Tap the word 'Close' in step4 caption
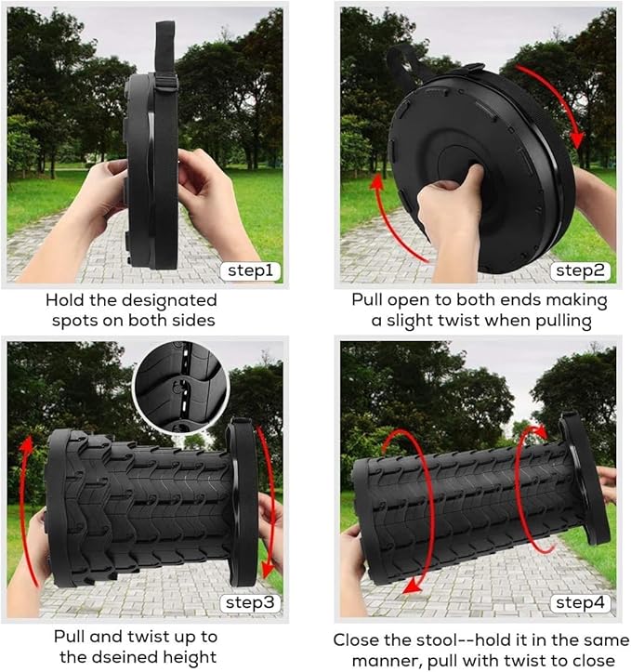(358, 640)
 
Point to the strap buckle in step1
(168, 83)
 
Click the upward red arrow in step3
(29, 502)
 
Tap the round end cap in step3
(243, 502)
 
